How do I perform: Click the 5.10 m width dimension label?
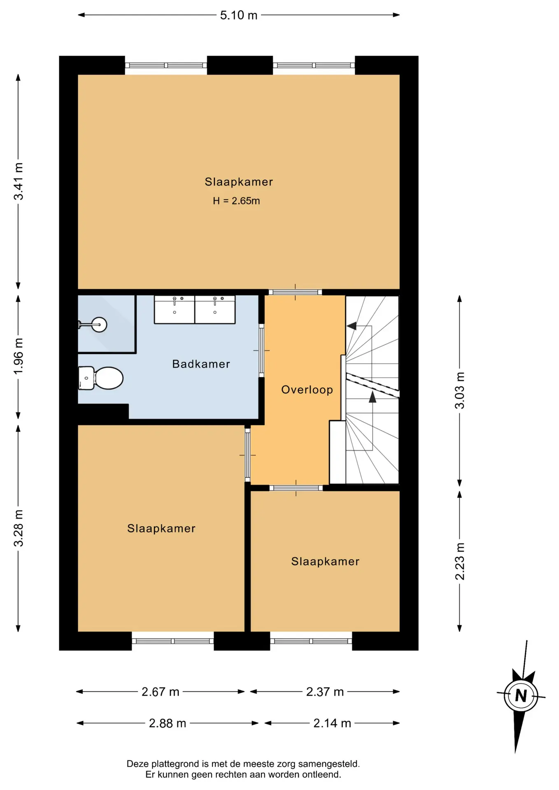pyautogui.click(x=239, y=15)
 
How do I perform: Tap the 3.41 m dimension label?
pyautogui.click(x=19, y=181)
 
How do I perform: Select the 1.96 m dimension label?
pyautogui.click(x=19, y=356)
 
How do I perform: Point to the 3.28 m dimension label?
pyautogui.click(x=19, y=528)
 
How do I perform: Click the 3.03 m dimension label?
pyautogui.click(x=460, y=390)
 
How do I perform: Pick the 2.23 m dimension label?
pyautogui.click(x=460, y=561)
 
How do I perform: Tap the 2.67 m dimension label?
pyautogui.click(x=161, y=692)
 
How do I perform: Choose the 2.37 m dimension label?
pyautogui.click(x=325, y=692)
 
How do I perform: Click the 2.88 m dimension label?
pyautogui.click(x=168, y=723)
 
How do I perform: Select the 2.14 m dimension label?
pyautogui.click(x=332, y=723)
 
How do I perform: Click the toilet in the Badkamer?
pyautogui.click(x=101, y=378)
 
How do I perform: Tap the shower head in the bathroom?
pyautogui.click(x=93, y=325)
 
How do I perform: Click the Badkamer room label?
pyautogui.click(x=201, y=364)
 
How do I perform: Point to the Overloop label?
pyautogui.click(x=307, y=390)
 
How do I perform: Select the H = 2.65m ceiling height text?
pyautogui.click(x=236, y=201)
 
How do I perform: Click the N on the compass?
pyautogui.click(x=521, y=695)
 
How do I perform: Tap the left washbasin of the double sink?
pyautogui.click(x=175, y=309)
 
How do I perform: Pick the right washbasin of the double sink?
pyautogui.click(x=215, y=309)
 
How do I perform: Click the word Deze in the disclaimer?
pyautogui.click(x=137, y=764)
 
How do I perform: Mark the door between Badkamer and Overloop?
pyautogui.click(x=261, y=350)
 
